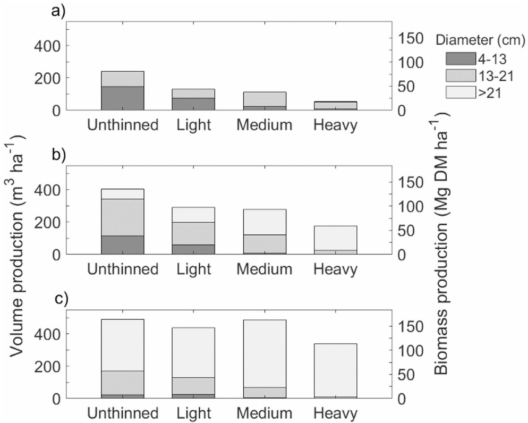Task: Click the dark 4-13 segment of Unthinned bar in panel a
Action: [x=122, y=98]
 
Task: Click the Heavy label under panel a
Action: [x=335, y=126]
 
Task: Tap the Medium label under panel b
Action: [x=265, y=270]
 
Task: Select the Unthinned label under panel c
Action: [x=122, y=414]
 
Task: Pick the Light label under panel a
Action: [x=193, y=126]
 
